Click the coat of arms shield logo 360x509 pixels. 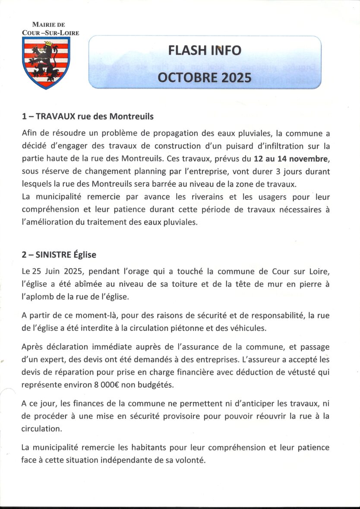[x=45, y=63]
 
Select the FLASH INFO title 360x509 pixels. [x=205, y=50]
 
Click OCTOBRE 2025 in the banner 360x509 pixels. [x=204, y=77]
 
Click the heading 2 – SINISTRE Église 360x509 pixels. [x=59, y=255]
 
